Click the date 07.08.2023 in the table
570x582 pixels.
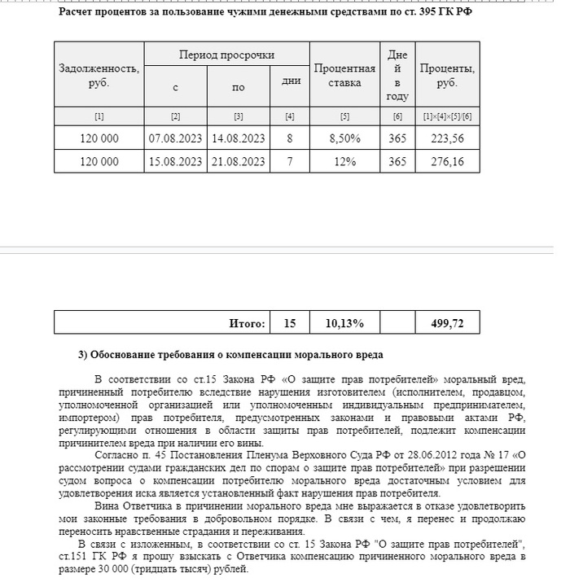(x=176, y=139)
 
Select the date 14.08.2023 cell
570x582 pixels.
(x=238, y=139)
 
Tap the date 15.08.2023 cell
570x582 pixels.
(x=176, y=162)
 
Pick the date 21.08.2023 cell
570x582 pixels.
(x=238, y=162)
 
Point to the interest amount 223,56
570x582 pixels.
(x=447, y=139)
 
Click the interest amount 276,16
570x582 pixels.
(x=447, y=162)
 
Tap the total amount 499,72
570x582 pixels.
(x=447, y=323)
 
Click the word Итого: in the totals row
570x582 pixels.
(x=247, y=323)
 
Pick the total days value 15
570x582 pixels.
(x=290, y=323)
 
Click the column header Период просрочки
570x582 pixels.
(x=226, y=55)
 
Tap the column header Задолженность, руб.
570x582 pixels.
(x=99, y=75)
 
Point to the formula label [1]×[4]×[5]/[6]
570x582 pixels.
(x=447, y=116)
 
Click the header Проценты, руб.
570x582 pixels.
(x=447, y=75)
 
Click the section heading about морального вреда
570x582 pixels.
(x=230, y=355)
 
